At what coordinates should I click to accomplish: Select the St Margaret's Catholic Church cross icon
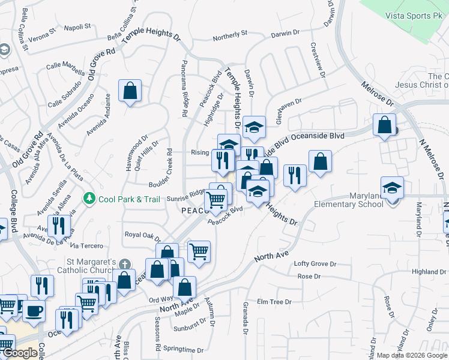[125, 264]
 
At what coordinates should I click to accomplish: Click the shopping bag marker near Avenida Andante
[130, 91]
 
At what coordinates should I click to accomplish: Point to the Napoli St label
[77, 26]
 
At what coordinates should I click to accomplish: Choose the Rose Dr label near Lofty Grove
[309, 276]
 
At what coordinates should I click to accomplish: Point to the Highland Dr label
[429, 272]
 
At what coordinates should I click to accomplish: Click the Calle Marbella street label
[62, 65]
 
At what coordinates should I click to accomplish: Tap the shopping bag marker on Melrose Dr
[384, 125]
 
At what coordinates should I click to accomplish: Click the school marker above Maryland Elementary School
[392, 188]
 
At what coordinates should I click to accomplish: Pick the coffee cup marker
[34, 311]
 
